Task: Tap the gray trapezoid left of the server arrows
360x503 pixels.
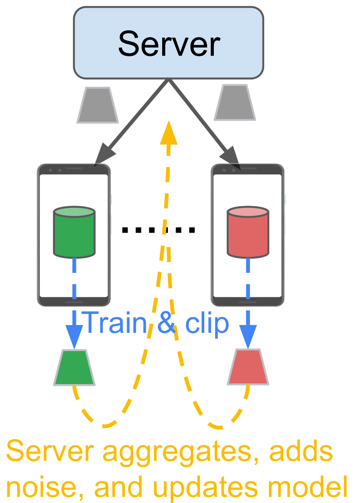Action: (x=98, y=105)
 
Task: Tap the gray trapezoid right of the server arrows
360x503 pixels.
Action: (x=235, y=102)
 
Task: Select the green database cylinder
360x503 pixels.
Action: (x=74, y=232)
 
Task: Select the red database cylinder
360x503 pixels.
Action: (x=248, y=232)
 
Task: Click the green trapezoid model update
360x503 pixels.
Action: (x=74, y=368)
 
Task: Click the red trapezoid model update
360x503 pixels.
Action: (x=248, y=368)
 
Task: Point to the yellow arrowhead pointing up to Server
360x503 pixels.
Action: (x=168, y=132)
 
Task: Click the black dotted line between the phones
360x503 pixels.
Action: (x=158, y=230)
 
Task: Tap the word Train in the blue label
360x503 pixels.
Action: (x=115, y=323)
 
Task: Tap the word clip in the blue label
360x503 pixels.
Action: (x=207, y=323)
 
